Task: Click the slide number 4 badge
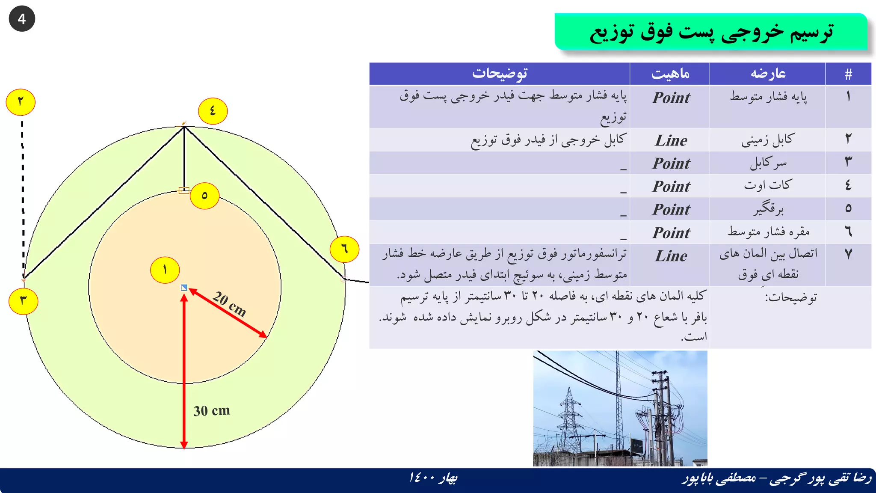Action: click(x=21, y=19)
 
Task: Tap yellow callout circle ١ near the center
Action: click(x=165, y=270)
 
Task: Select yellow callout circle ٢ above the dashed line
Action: click(x=21, y=102)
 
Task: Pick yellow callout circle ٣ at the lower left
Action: click(x=24, y=301)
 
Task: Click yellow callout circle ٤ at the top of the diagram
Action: click(x=213, y=111)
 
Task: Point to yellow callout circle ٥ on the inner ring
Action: click(x=204, y=196)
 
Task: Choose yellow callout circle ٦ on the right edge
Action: click(x=344, y=249)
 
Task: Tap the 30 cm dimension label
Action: click(x=211, y=411)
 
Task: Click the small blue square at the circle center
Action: click(x=184, y=288)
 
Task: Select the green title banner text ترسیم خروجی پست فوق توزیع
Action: click(x=711, y=32)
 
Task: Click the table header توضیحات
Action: click(x=500, y=74)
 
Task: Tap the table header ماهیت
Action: click(x=670, y=74)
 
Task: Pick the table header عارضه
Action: click(x=768, y=74)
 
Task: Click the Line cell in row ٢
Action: click(x=671, y=140)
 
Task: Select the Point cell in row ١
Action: click(x=671, y=98)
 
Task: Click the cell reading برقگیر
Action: click(x=768, y=209)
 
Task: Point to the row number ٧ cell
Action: click(x=848, y=254)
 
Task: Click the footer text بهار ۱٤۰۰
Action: click(x=433, y=478)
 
